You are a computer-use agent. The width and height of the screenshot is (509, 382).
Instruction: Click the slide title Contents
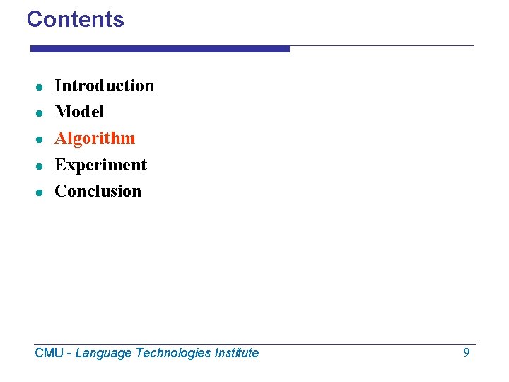(x=75, y=19)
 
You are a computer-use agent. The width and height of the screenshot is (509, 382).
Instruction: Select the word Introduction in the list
(x=104, y=86)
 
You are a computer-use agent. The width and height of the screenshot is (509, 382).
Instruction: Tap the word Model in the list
(x=79, y=112)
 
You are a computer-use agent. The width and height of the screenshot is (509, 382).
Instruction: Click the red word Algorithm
(x=95, y=138)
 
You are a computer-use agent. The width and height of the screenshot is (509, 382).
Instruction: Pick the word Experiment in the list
(x=100, y=165)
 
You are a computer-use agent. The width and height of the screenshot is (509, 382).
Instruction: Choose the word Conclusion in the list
(x=98, y=191)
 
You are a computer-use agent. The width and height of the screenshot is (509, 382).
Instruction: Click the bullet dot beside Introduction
(x=41, y=87)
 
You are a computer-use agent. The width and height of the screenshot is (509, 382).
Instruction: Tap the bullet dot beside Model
(x=41, y=113)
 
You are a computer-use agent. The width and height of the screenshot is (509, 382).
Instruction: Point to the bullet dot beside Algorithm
(x=41, y=139)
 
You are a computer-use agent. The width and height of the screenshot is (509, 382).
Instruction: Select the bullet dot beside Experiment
(x=41, y=166)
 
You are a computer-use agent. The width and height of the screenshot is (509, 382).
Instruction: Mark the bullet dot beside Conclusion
(x=41, y=192)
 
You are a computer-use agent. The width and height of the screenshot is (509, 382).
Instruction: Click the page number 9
(x=466, y=352)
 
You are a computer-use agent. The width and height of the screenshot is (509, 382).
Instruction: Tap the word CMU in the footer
(x=49, y=353)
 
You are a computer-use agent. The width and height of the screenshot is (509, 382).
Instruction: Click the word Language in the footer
(x=103, y=353)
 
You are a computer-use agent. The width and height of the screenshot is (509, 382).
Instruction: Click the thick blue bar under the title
(x=160, y=49)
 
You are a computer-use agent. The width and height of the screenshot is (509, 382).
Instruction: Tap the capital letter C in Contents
(x=34, y=19)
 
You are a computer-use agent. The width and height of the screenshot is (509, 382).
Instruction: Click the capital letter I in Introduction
(x=58, y=86)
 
